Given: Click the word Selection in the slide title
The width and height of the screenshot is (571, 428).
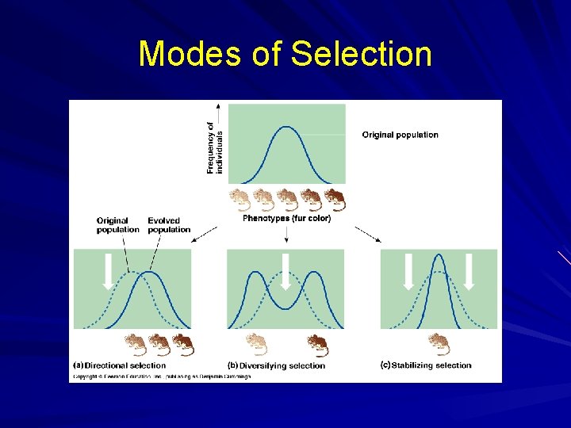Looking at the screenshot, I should [x=361, y=55].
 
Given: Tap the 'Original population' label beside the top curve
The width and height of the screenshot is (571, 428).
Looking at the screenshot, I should [x=400, y=135].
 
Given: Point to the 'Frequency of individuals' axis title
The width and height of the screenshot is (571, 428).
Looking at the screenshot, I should [x=214, y=147].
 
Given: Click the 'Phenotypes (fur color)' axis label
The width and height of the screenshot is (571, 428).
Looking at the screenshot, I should [x=286, y=218].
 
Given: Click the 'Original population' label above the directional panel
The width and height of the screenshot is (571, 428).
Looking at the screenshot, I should [x=117, y=225].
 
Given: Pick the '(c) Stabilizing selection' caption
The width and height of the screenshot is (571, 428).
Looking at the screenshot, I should [x=426, y=365].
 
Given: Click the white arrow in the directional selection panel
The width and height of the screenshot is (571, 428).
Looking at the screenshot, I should [x=109, y=271].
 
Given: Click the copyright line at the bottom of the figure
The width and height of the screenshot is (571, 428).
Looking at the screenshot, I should [x=162, y=376].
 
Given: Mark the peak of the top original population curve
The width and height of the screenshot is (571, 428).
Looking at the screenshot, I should [x=286, y=128].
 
